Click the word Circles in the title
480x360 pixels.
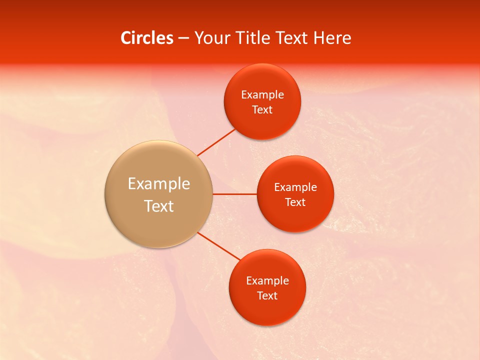[x=146, y=38]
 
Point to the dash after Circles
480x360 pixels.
[x=183, y=38]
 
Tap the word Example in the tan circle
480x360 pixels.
[x=158, y=184]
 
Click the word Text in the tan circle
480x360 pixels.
[x=158, y=206]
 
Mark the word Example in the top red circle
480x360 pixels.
[x=262, y=95]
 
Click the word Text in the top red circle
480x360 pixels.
[x=262, y=110]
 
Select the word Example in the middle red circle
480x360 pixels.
[x=295, y=187]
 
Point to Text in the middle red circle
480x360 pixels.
[x=295, y=202]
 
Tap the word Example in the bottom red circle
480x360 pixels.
[x=267, y=281]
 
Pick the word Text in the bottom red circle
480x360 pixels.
[x=267, y=296]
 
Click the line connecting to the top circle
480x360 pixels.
[x=216, y=142]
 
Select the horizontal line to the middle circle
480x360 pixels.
[x=234, y=194]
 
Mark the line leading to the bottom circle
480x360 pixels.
[x=218, y=246]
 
